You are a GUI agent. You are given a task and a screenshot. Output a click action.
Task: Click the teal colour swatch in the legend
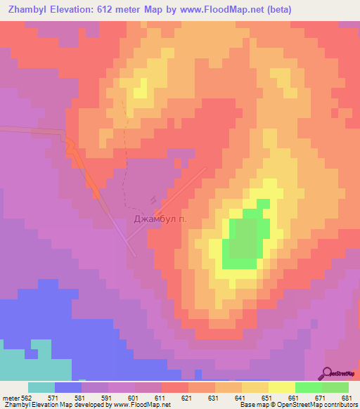(x=41, y=387)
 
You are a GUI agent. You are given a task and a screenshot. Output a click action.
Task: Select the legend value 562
(x=25, y=398)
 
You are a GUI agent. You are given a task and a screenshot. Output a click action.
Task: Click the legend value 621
(x=187, y=398)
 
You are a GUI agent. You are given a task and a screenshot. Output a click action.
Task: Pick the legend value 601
(x=134, y=398)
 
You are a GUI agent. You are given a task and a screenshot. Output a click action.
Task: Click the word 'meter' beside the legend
(x=9, y=398)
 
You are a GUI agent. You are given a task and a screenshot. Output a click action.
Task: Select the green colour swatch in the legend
(x=308, y=387)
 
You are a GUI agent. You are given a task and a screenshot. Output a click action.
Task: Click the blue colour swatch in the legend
(x=67, y=387)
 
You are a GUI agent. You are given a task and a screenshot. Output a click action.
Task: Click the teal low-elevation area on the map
(x=28, y=362)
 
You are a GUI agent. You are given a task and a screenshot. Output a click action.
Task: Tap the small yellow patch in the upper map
(x=140, y=89)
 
